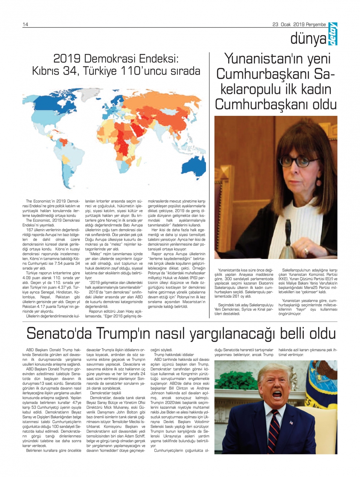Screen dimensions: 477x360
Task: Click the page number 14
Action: [25, 24]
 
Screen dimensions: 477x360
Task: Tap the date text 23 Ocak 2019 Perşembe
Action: [299, 24]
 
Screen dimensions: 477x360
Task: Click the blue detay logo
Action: [333, 35]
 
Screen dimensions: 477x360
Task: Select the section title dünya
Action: [308, 39]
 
